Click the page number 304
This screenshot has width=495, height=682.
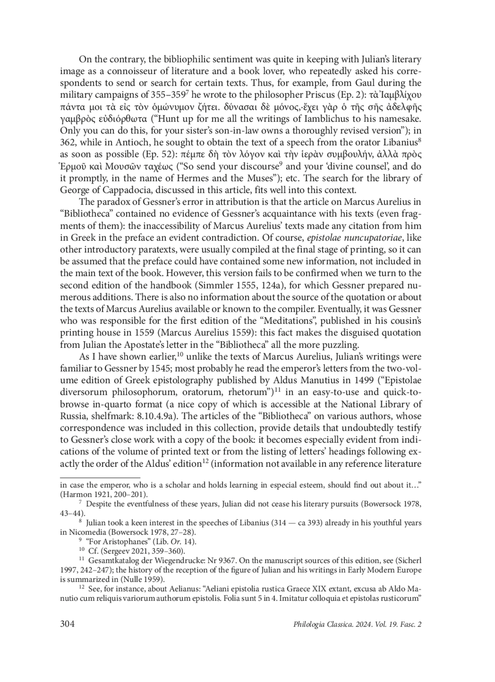(x=67, y=624)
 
